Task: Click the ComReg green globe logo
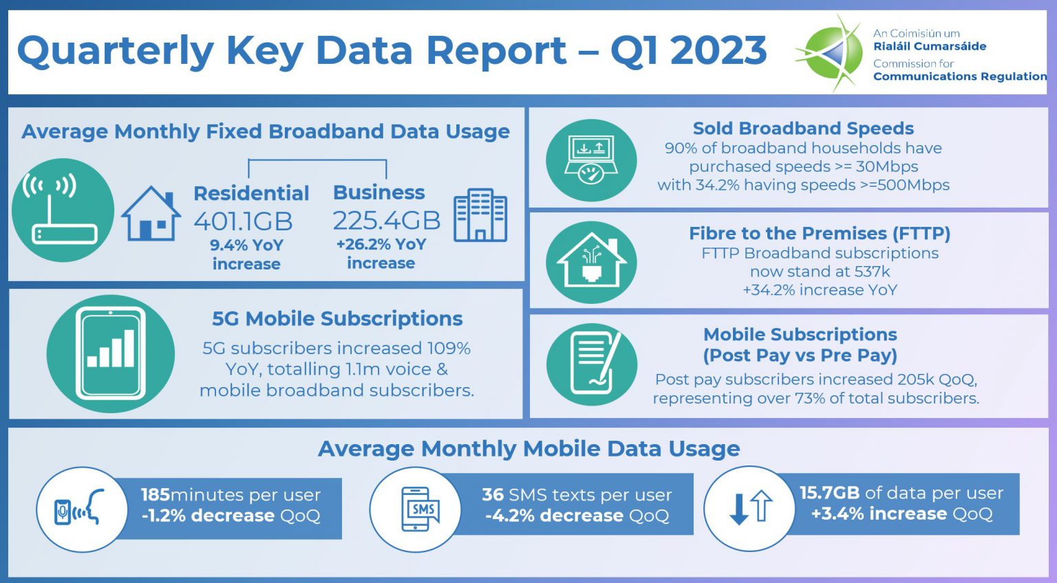click(x=831, y=52)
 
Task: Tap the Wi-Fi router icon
click(x=63, y=210)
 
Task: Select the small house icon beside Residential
click(x=151, y=214)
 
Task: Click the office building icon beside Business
click(x=480, y=215)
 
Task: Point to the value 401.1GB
click(x=243, y=221)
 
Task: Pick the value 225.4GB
click(x=386, y=221)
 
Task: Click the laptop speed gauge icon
click(x=591, y=161)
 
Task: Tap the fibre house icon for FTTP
click(x=591, y=262)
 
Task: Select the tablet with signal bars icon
click(x=111, y=353)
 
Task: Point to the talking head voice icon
click(x=81, y=509)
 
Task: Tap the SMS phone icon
click(x=418, y=509)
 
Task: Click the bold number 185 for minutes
click(x=155, y=495)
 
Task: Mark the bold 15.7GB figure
click(x=829, y=493)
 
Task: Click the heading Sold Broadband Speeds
click(x=803, y=129)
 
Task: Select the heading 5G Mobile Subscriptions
click(x=337, y=319)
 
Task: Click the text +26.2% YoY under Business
click(x=381, y=245)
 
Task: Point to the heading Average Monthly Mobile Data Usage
click(x=528, y=449)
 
